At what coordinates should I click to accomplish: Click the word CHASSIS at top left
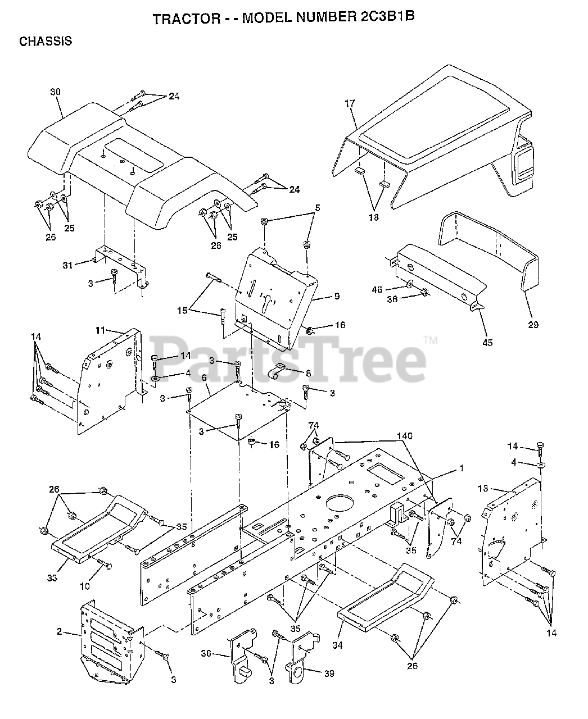46,42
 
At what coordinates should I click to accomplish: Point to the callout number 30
55,92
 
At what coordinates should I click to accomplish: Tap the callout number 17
350,103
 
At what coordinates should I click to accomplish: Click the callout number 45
487,342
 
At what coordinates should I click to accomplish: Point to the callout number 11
101,330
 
